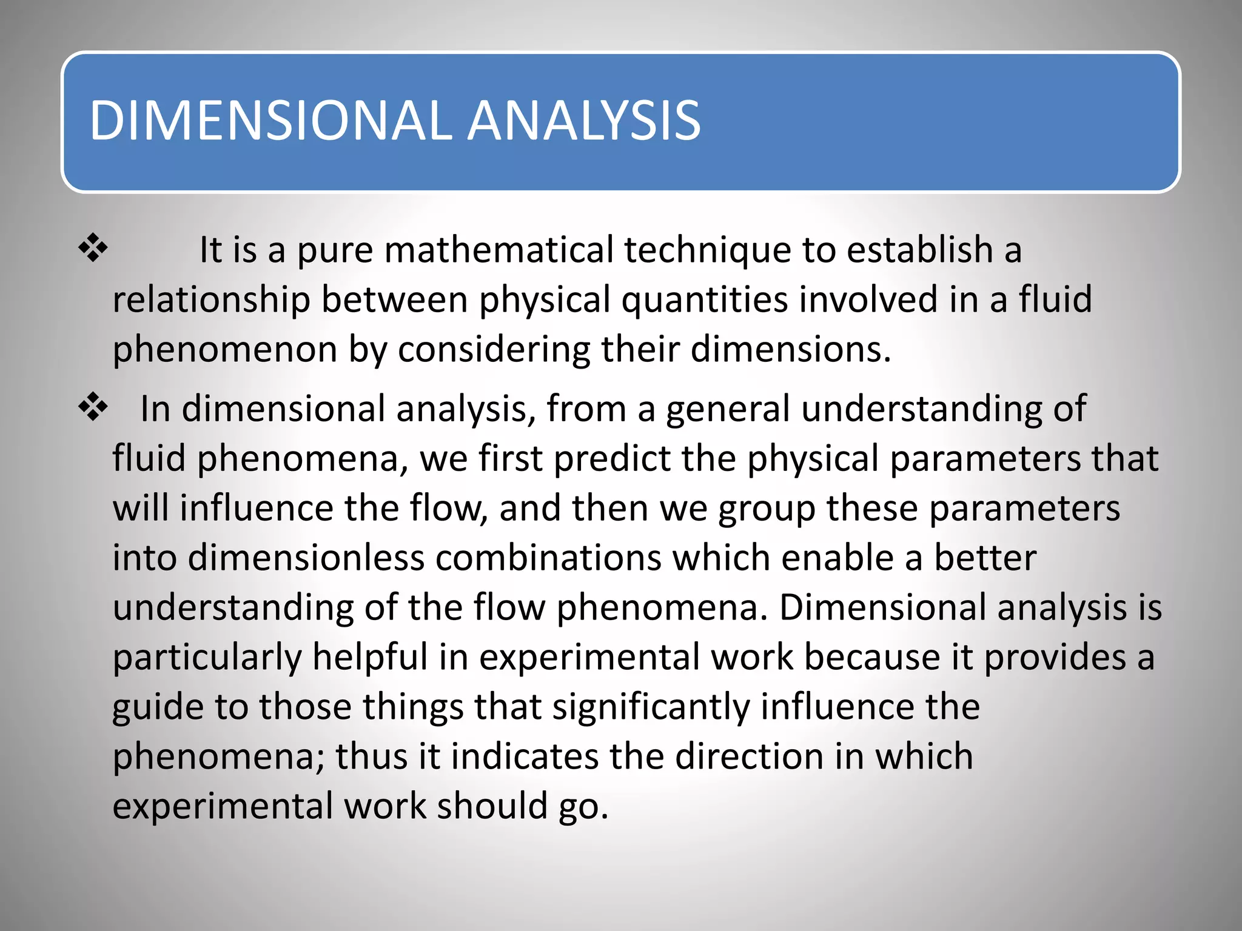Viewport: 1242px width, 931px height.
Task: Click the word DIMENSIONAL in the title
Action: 270,121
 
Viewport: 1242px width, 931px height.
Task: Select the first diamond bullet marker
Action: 93,249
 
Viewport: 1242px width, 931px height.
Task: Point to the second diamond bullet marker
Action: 93,407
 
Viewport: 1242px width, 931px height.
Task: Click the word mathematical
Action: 498,250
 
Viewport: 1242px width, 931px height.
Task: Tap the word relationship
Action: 211,300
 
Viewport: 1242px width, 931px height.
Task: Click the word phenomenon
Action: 224,350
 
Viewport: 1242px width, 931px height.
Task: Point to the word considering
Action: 493,350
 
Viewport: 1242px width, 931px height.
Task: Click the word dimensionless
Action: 306,558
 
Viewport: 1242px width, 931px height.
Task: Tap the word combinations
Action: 548,558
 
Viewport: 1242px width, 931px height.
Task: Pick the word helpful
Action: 370,657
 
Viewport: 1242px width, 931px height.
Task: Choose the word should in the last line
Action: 492,806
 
